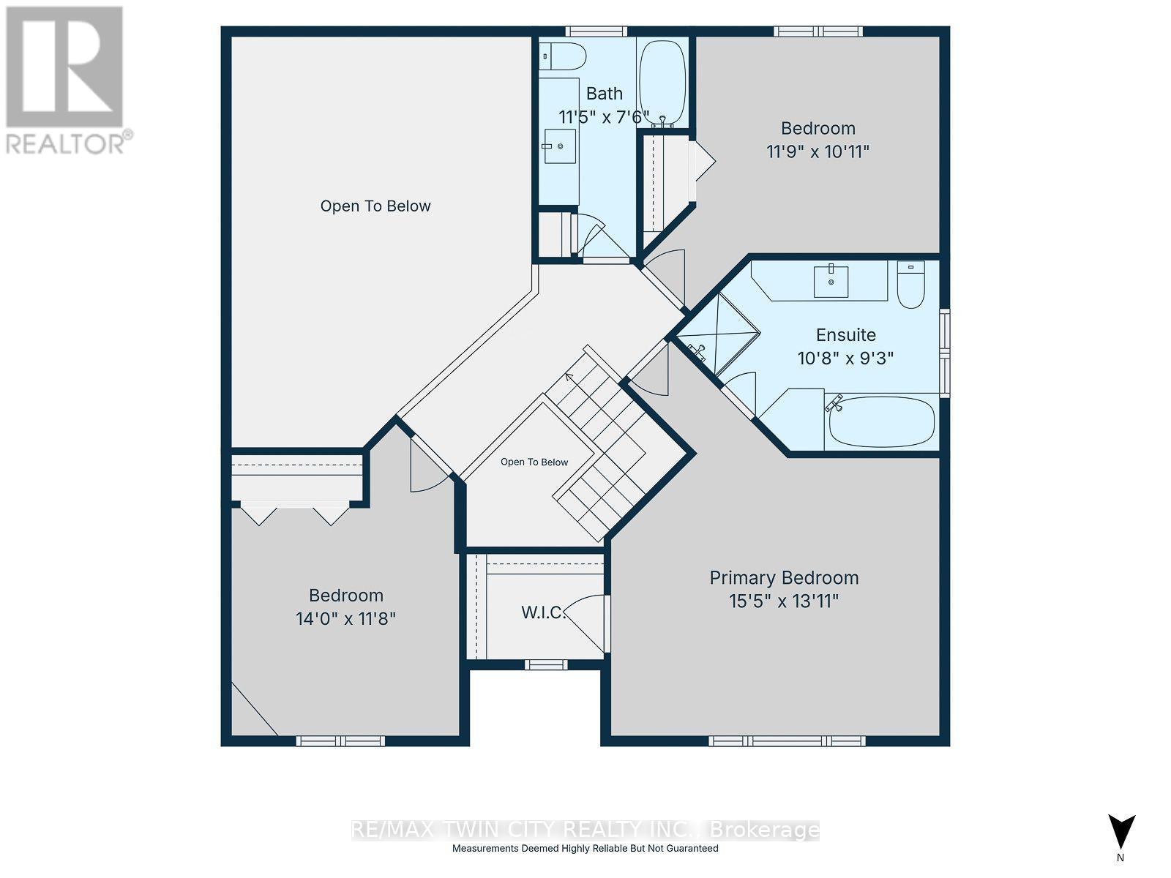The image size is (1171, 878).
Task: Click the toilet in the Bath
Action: pyautogui.click(x=562, y=56)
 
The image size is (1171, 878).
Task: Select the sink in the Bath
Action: pyautogui.click(x=559, y=146)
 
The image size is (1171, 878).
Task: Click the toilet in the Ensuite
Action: pyautogui.click(x=910, y=284)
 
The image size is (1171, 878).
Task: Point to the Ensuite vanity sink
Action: pyautogui.click(x=831, y=282)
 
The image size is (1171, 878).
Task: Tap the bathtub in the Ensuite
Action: pyautogui.click(x=881, y=422)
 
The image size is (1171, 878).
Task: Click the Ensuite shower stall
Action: pyautogui.click(x=717, y=337)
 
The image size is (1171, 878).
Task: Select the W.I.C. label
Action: pyautogui.click(x=543, y=612)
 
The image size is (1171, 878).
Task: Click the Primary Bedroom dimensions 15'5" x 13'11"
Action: pyautogui.click(x=784, y=601)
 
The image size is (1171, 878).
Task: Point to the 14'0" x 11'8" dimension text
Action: pyautogui.click(x=345, y=619)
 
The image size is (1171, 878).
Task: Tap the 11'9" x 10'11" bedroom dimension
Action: pyautogui.click(x=818, y=152)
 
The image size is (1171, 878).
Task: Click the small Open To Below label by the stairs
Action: pyautogui.click(x=534, y=462)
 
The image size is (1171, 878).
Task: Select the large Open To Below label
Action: pyautogui.click(x=375, y=206)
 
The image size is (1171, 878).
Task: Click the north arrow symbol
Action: pyautogui.click(x=1121, y=833)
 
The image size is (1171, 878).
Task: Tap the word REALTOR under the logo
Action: pyautogui.click(x=65, y=143)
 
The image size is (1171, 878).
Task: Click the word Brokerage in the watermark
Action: pyautogui.click(x=765, y=830)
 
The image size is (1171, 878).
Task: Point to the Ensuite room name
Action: pyautogui.click(x=845, y=335)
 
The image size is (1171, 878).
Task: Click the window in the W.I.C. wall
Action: pyautogui.click(x=546, y=664)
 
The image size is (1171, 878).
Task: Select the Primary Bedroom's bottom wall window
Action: pyautogui.click(x=787, y=741)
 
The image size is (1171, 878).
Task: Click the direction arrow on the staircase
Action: pyautogui.click(x=569, y=378)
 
